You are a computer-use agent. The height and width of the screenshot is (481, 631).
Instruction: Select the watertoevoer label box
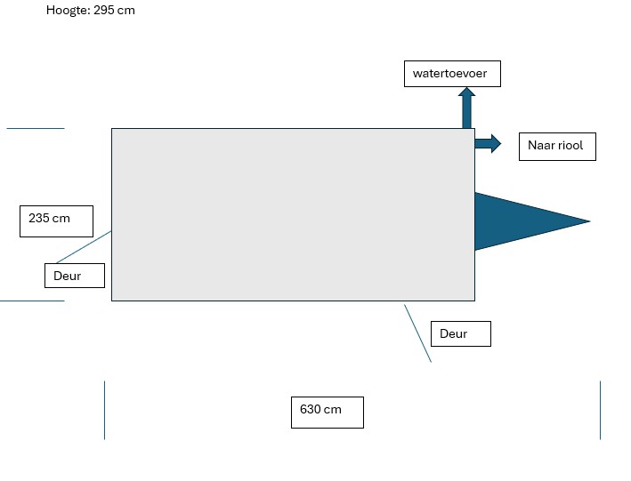[x=452, y=73]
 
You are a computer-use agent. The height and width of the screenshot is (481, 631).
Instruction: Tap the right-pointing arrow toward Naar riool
[x=489, y=143]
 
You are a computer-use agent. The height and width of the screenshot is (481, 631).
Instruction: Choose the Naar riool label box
[x=557, y=146]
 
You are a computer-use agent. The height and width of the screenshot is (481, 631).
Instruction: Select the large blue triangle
[x=516, y=220]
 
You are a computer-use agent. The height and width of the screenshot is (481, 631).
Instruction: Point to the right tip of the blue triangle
[x=588, y=220]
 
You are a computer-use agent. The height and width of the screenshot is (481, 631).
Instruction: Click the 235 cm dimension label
[x=50, y=220]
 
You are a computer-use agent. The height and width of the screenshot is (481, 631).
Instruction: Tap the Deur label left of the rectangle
[x=74, y=276]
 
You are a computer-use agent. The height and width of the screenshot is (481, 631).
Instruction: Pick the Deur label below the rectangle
[x=460, y=334]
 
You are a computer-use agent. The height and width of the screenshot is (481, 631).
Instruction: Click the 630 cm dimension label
[x=327, y=412]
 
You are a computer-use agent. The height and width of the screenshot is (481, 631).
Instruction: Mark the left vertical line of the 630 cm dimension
[x=104, y=410]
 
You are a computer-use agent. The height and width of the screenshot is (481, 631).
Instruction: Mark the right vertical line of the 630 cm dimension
[x=600, y=410]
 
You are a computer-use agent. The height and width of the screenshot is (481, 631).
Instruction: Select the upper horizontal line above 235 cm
[x=36, y=128]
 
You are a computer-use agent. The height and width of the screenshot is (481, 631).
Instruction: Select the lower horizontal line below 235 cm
[x=32, y=301]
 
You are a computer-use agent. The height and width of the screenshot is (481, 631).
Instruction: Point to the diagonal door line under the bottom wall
[x=417, y=333]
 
